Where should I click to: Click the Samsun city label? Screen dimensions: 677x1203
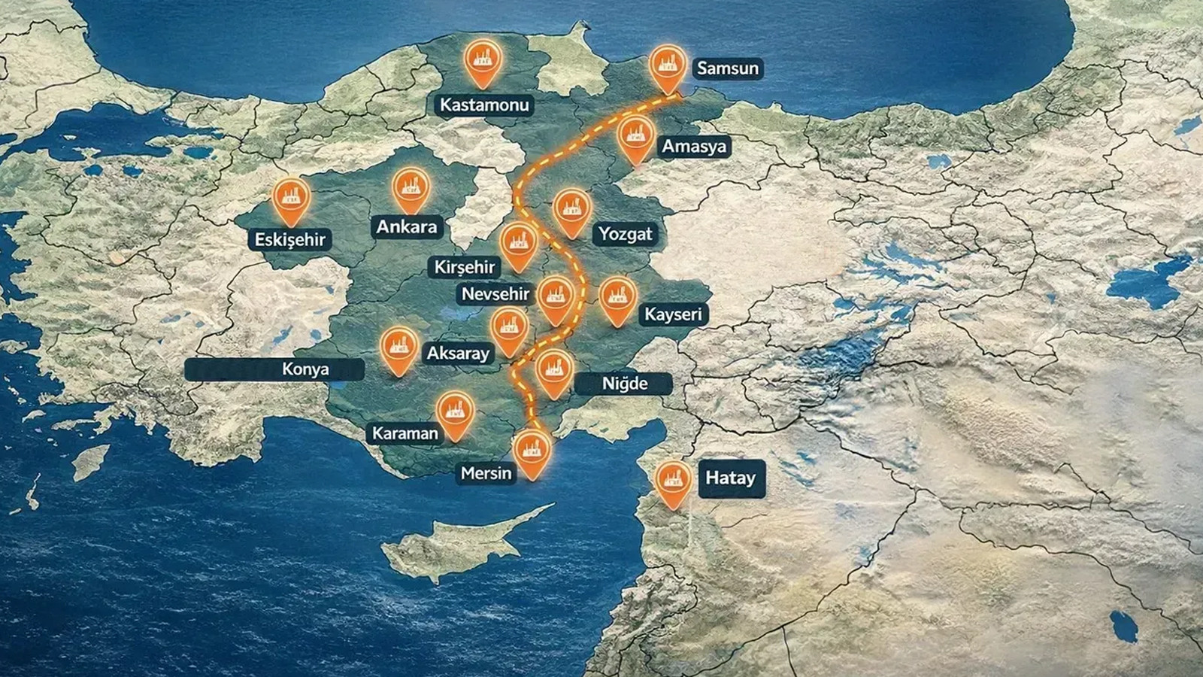coord(727,68)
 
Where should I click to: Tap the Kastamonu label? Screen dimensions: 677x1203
coord(484,105)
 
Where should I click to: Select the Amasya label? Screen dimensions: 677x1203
coord(694,146)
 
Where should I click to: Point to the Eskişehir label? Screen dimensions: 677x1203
coord(290,240)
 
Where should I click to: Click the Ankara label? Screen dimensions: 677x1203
coord(407,226)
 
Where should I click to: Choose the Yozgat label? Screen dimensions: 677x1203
coord(626,234)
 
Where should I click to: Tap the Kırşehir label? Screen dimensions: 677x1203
coord(465,267)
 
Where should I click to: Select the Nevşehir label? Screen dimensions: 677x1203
coord(495,293)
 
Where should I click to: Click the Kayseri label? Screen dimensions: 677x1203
coord(672,314)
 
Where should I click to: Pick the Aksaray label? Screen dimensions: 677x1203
coord(458,353)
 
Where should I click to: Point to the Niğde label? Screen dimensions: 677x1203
coord(624,384)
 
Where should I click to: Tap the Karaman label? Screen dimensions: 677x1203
coord(405,433)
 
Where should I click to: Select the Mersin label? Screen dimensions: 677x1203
coord(486,473)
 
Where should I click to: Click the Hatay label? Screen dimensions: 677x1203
coord(730,478)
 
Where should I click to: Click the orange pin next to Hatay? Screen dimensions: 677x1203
coord(673,481)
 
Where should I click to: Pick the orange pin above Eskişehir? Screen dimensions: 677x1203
coord(291,199)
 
